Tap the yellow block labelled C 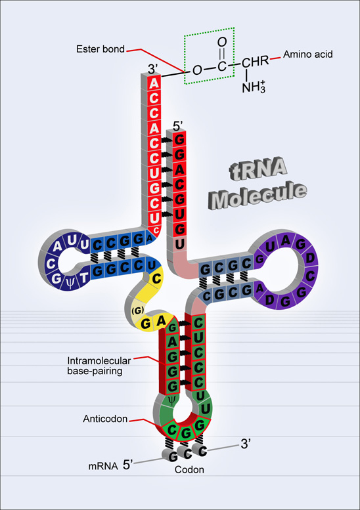pyautogui.click(x=156, y=280)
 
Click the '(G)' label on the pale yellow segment pyautogui.click(x=138, y=308)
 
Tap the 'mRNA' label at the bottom pyautogui.click(x=101, y=468)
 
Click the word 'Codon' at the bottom pyautogui.click(x=189, y=471)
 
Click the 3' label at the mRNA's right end pyautogui.click(x=246, y=444)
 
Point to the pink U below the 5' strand pyautogui.click(x=179, y=244)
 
